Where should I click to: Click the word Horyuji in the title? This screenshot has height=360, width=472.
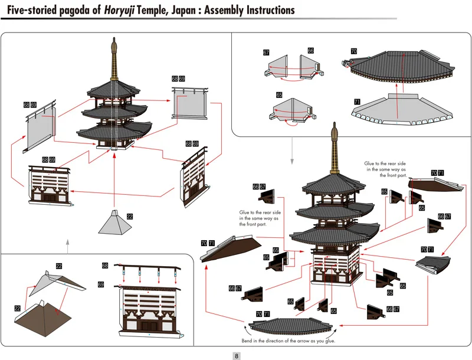pos(119,10)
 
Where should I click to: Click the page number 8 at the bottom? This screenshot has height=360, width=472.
pos(237,356)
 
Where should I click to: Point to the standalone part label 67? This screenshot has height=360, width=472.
pos(266,53)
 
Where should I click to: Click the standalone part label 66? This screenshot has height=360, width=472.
pos(311,51)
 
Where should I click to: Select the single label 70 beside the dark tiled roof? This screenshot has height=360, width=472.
pos(353,51)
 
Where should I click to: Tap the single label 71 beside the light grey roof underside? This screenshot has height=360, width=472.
pos(357,102)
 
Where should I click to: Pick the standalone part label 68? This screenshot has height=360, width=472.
pos(105,266)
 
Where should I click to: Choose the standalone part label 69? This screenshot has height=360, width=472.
pos(100,284)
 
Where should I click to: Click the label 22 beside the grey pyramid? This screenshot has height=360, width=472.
pos(129,217)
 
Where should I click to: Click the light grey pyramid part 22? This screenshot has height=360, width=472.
pos(114,222)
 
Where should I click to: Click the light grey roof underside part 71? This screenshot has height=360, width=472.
pos(402,110)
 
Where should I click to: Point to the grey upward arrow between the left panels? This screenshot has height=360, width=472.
pos(68,246)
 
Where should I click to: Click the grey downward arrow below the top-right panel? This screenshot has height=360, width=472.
pos(291,151)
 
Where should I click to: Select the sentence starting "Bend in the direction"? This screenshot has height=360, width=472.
pos(289,341)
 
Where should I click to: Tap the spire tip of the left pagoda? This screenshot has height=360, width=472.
pos(114,38)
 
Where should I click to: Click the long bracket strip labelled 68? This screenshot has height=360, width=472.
pos(147,268)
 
